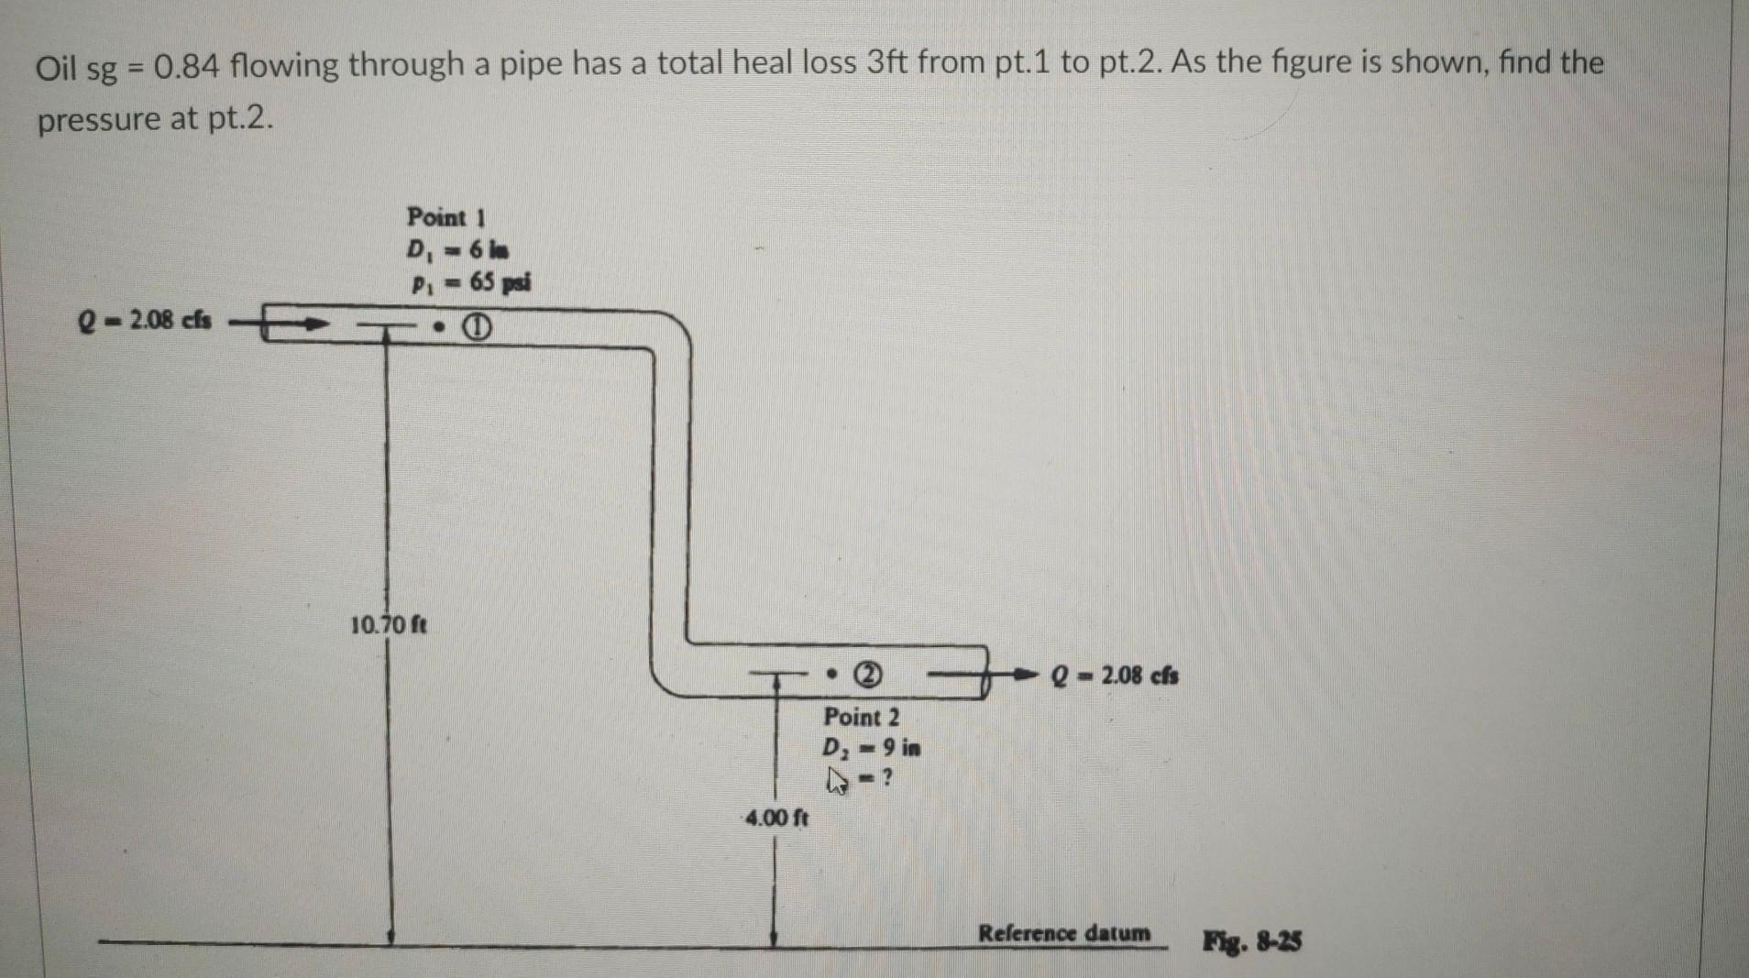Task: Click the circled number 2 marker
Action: pyautogui.click(x=868, y=676)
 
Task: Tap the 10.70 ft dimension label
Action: pyautogui.click(x=389, y=626)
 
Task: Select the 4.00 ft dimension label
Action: pyautogui.click(x=776, y=818)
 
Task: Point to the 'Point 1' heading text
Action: pyautogui.click(x=445, y=217)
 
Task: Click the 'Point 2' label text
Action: pyautogui.click(x=861, y=717)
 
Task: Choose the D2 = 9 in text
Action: pyautogui.click(x=871, y=748)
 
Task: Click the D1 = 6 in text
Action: pyautogui.click(x=458, y=250)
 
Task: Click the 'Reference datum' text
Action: pyautogui.click(x=1063, y=933)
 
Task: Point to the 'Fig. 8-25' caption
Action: pyautogui.click(x=1251, y=940)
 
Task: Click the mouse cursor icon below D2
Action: pyautogui.click(x=836, y=780)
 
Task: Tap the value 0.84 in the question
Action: pyautogui.click(x=186, y=66)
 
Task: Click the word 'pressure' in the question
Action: pyautogui.click(x=98, y=120)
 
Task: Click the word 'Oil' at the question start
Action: pyautogui.click(x=57, y=67)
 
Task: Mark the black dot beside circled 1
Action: pyautogui.click(x=442, y=327)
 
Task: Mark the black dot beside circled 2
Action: pyautogui.click(x=831, y=676)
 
